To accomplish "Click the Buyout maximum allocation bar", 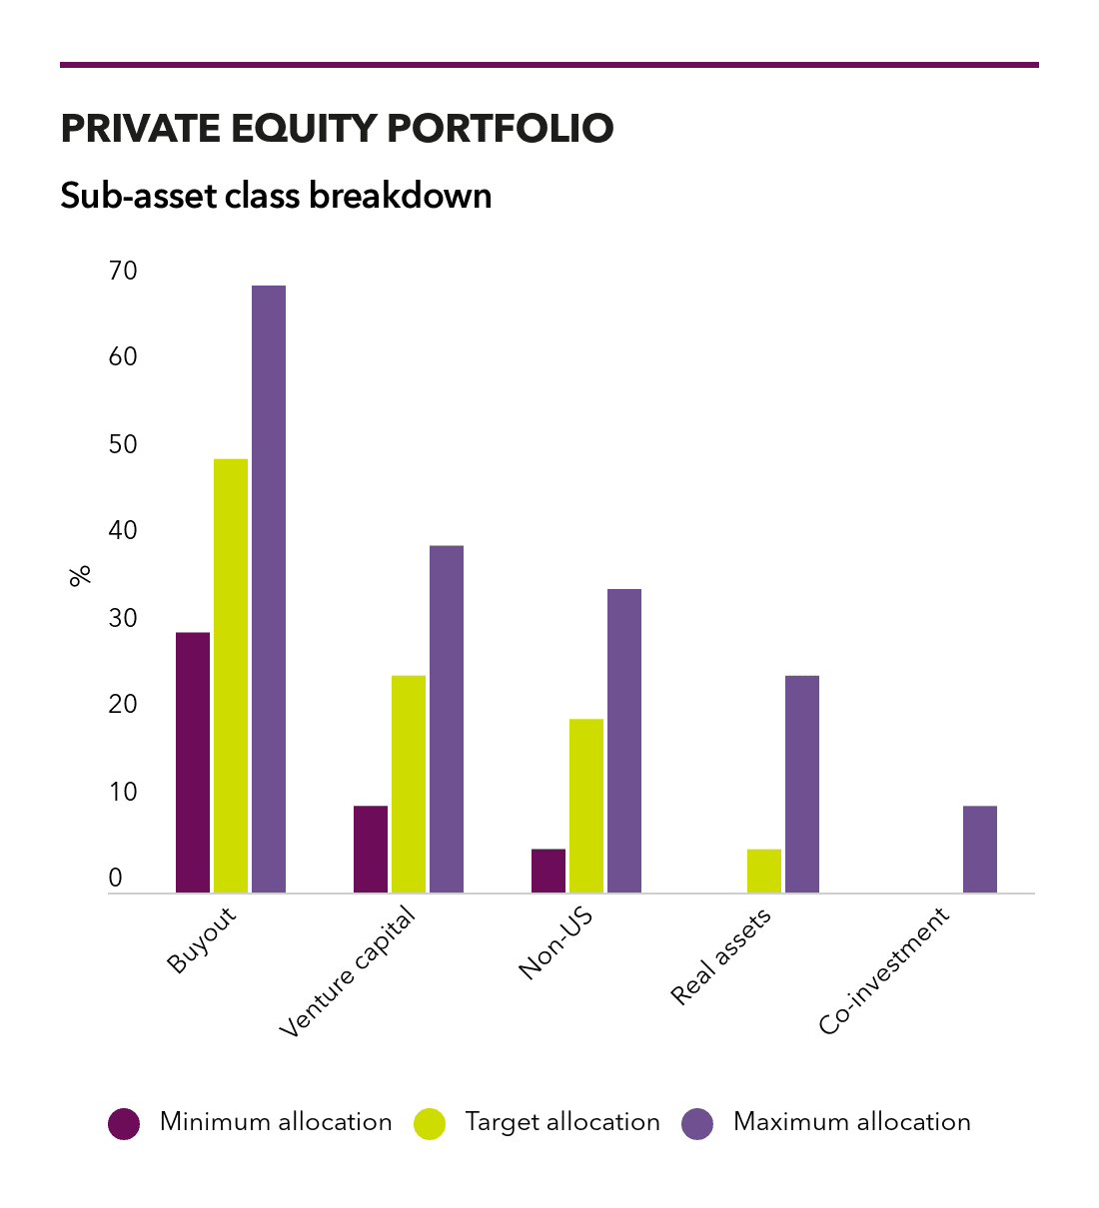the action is coord(269,588).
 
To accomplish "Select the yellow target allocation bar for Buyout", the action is coord(230,675).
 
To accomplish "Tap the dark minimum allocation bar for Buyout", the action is coord(192,762).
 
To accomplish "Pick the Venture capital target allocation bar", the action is coord(409,784).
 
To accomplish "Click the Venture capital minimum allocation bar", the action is coord(370,849).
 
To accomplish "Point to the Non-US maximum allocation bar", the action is coord(624,740).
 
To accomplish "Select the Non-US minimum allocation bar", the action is coord(548,871).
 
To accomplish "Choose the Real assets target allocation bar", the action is coord(764,871).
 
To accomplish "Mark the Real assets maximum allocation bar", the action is coord(802,784).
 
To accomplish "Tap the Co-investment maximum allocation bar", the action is coord(980,849).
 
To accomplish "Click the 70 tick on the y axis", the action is coord(123,271).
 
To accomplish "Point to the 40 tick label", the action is coord(123,530).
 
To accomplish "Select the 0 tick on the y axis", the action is coord(115,878).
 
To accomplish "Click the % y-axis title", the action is coord(80,575).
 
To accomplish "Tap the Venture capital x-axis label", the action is coord(347,971).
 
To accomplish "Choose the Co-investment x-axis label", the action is coord(884,970).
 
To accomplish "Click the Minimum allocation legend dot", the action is coord(124,1123).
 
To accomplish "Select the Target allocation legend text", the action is coord(562,1122).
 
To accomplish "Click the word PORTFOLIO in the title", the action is coord(501,128).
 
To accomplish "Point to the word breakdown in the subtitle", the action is coord(401,196).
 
